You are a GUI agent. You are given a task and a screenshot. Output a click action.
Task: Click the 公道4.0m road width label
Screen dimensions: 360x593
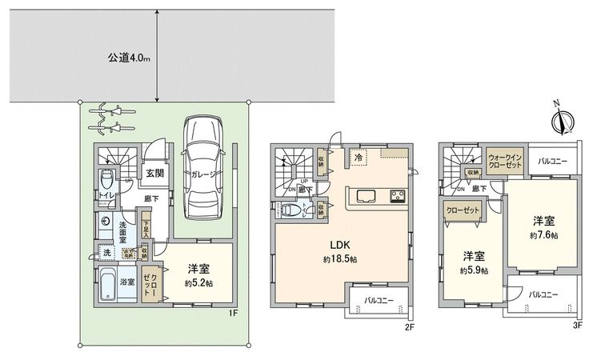tap(129, 58)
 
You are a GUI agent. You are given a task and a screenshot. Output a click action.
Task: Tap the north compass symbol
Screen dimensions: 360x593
tap(560, 122)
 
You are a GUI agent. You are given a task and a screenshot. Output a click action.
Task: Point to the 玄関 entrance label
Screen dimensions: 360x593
tap(155, 173)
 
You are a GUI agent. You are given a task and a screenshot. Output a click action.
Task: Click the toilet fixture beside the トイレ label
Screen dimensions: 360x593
tap(107, 178)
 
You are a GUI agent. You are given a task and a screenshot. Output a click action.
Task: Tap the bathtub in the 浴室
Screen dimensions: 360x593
tap(119, 285)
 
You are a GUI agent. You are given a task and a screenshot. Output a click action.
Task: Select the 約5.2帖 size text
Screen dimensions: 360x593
tap(199, 283)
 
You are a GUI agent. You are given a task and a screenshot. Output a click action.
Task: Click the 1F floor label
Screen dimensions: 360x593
tap(234, 314)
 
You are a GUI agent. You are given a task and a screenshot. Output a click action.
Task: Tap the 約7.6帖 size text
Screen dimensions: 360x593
tap(544, 235)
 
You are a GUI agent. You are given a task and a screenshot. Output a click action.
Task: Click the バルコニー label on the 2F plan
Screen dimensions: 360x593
tap(379, 302)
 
